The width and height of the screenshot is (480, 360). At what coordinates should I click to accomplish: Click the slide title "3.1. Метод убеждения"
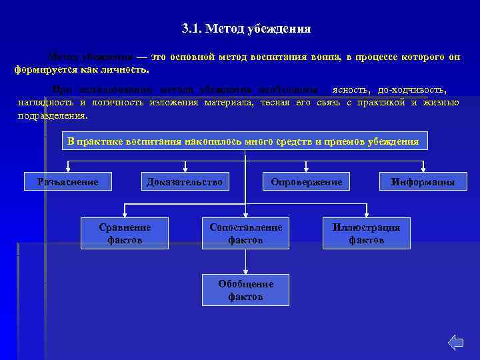(x=246, y=29)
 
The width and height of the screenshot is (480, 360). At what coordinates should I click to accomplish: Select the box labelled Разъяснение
(x=68, y=181)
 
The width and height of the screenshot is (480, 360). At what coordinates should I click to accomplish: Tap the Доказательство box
(x=185, y=181)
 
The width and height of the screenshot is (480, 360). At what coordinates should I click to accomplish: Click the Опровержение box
(x=306, y=181)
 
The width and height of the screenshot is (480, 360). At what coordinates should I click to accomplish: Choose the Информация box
(x=423, y=181)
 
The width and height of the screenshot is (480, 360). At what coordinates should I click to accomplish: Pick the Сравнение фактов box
(x=125, y=233)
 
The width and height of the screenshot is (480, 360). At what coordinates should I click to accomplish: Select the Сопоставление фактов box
(x=245, y=233)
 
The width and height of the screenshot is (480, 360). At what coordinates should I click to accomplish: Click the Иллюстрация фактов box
(x=366, y=233)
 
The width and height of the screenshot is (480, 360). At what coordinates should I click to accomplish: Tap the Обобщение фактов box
(x=245, y=290)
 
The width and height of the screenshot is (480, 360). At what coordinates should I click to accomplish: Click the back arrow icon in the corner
(x=455, y=343)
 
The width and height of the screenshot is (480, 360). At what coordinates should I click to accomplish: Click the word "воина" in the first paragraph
(x=324, y=57)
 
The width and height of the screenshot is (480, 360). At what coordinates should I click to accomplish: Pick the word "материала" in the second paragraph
(x=228, y=102)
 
